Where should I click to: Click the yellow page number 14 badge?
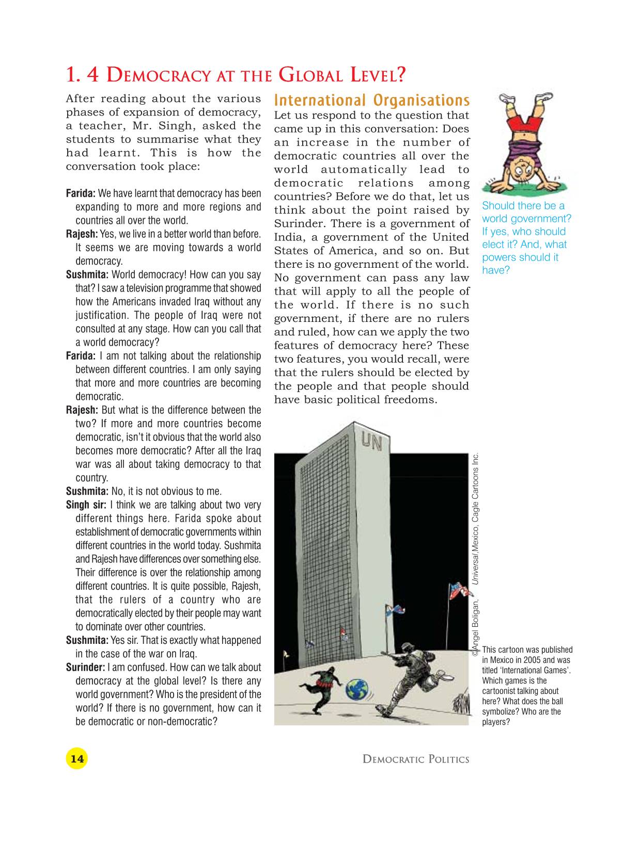point(76,759)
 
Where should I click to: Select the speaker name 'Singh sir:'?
point(86,505)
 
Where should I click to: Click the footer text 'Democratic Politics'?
point(416,759)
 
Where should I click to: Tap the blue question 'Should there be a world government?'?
point(526,212)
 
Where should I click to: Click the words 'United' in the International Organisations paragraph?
point(450,237)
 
